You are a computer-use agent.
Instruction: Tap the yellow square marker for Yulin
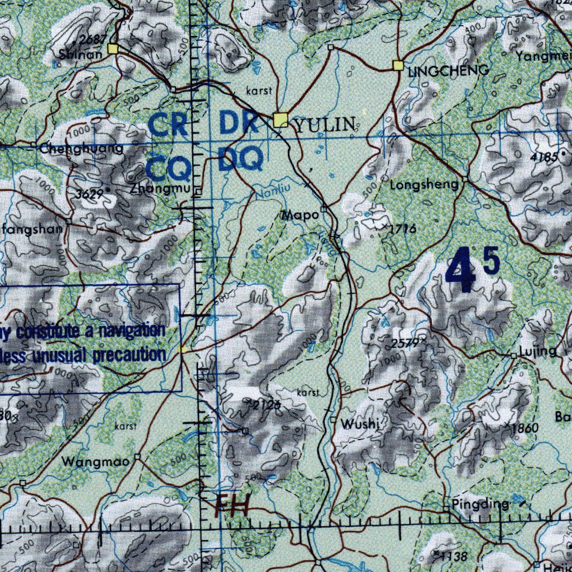(280, 120)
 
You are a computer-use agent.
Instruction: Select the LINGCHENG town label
(449, 71)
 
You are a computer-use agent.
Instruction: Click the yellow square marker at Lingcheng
(398, 65)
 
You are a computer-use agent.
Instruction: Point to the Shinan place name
(80, 54)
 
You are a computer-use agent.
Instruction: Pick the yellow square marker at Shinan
(114, 49)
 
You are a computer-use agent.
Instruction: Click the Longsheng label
(424, 185)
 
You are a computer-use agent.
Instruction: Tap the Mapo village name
(301, 214)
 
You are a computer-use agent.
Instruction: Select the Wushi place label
(360, 424)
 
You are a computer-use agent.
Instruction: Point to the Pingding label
(480, 504)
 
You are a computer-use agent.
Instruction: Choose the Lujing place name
(537, 351)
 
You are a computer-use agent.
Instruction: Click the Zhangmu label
(160, 189)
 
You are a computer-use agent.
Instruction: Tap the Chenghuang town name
(82, 149)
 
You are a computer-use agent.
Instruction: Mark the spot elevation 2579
(404, 344)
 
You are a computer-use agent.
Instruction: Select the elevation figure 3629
(90, 194)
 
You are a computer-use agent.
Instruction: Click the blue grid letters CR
(169, 125)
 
